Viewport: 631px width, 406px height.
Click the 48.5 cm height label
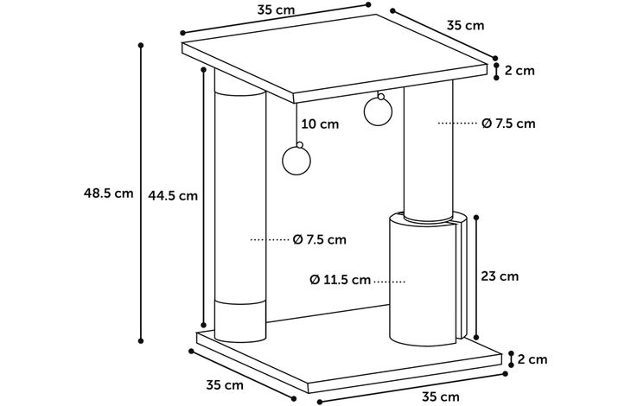pyautogui.click(x=108, y=193)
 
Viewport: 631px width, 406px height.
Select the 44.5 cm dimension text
pyautogui.click(x=173, y=196)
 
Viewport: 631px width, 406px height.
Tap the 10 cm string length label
pyautogui.click(x=321, y=124)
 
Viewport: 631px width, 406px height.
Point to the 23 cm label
pyautogui.click(x=500, y=276)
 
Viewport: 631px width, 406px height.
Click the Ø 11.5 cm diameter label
pyautogui.click(x=340, y=279)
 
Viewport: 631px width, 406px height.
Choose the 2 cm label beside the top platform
pyautogui.click(x=520, y=71)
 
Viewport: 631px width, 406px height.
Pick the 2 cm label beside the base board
pyautogui.click(x=532, y=359)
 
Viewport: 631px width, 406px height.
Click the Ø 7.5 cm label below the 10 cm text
pyautogui.click(x=320, y=239)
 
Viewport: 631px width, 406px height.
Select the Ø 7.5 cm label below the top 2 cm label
pyautogui.click(x=508, y=124)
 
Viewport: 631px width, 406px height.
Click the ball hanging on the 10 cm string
pyautogui.click(x=296, y=161)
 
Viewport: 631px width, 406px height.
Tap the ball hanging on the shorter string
pyautogui.click(x=378, y=111)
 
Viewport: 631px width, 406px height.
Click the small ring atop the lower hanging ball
pyautogui.click(x=299, y=145)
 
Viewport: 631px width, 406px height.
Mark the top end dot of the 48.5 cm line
pyautogui.click(x=141, y=45)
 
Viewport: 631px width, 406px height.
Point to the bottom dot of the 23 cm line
pyautogui.click(x=476, y=338)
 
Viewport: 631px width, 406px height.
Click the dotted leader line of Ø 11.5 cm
pyautogui.click(x=390, y=282)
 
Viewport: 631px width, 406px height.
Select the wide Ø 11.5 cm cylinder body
pyautogui.click(x=423, y=281)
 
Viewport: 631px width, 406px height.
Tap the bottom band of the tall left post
pyautogui.click(x=240, y=321)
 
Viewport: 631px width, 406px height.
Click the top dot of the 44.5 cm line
pyautogui.click(x=204, y=70)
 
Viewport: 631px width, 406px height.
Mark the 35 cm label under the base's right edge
pyautogui.click(x=441, y=396)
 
